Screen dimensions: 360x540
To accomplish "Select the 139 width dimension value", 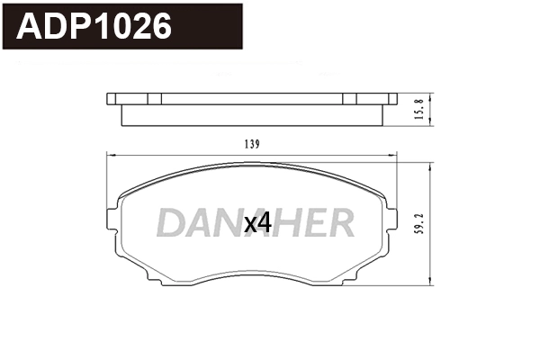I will coord(253,144).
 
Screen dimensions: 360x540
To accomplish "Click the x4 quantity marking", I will coord(258,223).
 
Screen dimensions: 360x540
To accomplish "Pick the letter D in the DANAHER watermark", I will coord(172,222).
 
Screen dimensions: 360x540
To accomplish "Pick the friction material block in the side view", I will coord(253,112).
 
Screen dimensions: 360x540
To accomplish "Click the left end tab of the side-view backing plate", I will coord(112,98).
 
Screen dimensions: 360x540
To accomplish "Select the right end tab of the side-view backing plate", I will coord(391,98).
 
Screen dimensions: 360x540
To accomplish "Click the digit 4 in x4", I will coord(265,223).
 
